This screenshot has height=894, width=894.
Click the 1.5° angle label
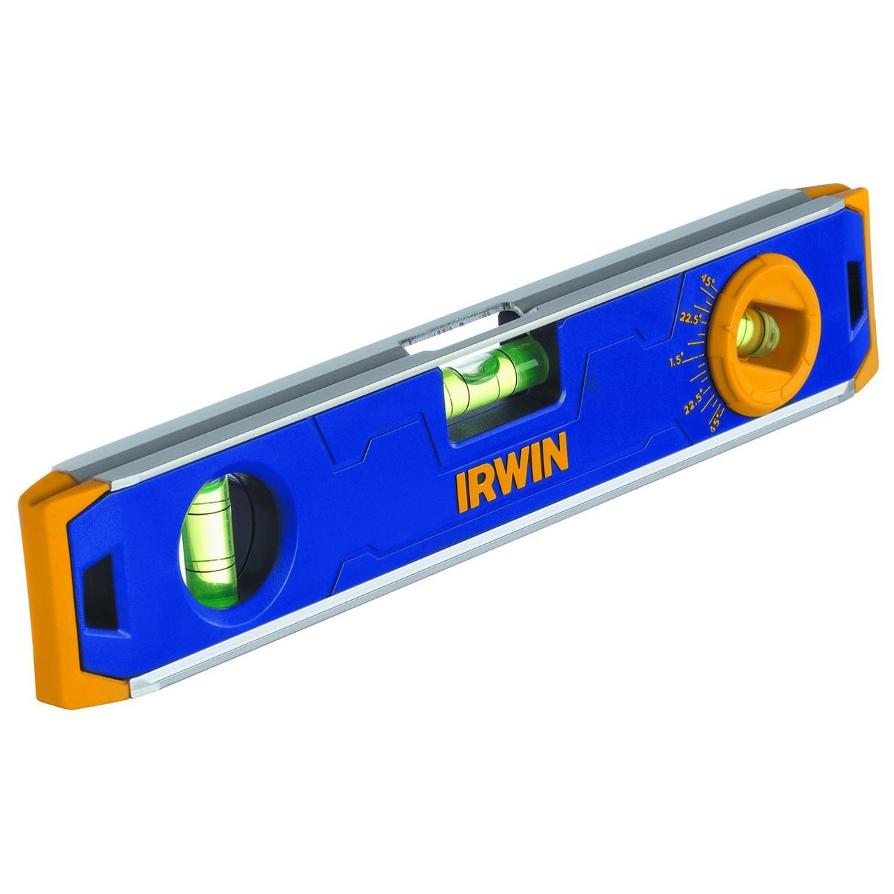click(675, 362)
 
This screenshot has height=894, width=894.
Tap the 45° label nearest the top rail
click(708, 281)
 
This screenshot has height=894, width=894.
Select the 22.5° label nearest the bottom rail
click(693, 406)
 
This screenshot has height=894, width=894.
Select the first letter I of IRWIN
click(461, 493)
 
